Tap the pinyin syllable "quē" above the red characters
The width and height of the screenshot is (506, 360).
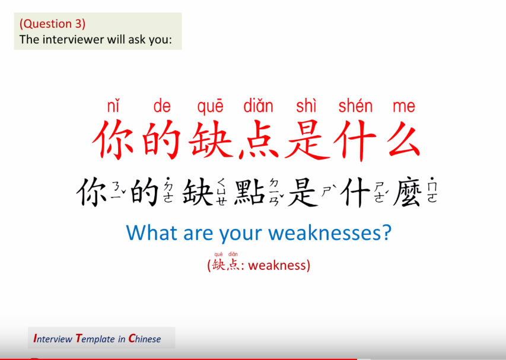[x=211, y=107]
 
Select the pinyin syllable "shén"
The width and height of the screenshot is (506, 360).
[x=355, y=107]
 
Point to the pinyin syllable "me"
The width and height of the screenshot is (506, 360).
[x=403, y=107]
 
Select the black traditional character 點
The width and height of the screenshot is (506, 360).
[x=250, y=192]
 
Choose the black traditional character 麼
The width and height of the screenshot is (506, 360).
[x=408, y=192]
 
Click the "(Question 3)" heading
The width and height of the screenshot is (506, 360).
[x=52, y=24]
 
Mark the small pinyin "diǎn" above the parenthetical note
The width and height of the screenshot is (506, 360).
[x=233, y=254]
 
